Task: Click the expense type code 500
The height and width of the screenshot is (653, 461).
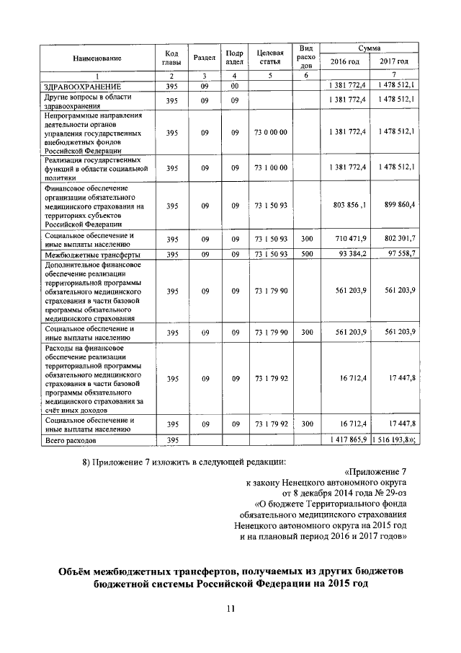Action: [x=307, y=255]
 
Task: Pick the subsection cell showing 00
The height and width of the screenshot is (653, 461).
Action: [x=234, y=87]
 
